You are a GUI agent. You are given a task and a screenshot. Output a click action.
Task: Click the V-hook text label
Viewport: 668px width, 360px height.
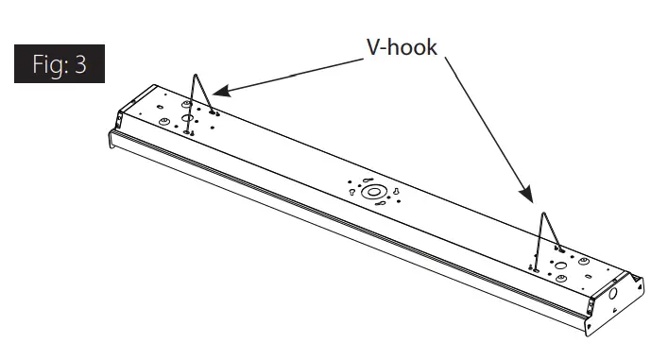402,46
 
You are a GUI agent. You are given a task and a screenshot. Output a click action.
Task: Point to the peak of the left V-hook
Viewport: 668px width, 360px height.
197,77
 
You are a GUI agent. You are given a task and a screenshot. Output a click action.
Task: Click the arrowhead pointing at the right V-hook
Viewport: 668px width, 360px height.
530,198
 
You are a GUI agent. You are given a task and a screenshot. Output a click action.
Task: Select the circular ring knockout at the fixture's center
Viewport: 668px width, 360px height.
374,193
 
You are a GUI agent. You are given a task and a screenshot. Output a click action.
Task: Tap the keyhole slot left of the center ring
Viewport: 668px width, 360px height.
352,192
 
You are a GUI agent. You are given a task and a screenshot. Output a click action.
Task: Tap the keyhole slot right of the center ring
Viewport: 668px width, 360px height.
396,195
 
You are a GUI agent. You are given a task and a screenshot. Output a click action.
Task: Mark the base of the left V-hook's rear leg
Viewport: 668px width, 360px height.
214,112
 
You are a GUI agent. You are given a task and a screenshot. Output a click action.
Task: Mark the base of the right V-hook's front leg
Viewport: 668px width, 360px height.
536,268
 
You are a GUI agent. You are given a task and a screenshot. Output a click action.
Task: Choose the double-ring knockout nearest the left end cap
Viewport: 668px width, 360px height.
163,123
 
